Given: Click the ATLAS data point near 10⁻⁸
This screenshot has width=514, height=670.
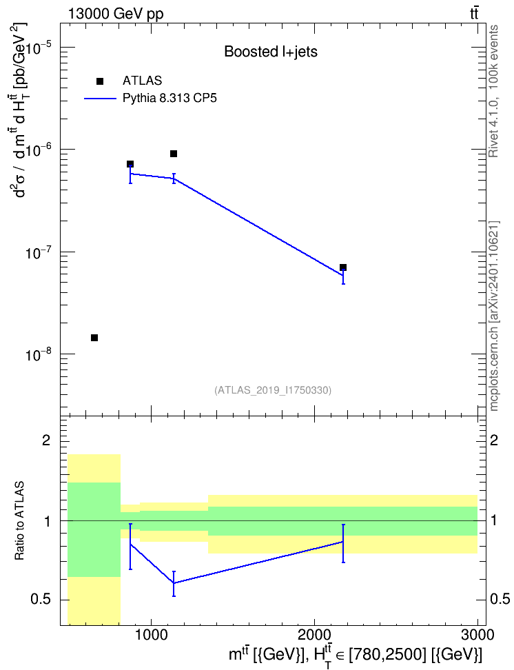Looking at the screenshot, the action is click(94, 338).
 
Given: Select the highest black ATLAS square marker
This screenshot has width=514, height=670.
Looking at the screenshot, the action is click(174, 154).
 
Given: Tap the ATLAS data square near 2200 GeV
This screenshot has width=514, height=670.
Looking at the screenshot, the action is click(343, 267).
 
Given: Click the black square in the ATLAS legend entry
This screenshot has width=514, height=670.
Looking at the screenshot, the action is click(100, 81).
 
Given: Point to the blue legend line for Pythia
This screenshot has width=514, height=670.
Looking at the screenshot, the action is click(100, 99).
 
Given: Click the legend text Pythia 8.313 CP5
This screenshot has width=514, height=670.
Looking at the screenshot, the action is click(169, 99).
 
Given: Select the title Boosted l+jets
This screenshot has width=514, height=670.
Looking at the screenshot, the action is click(271, 52).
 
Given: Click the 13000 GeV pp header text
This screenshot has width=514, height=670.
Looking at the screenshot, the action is click(115, 14).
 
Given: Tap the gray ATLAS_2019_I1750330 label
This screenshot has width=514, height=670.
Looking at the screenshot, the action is click(273, 389).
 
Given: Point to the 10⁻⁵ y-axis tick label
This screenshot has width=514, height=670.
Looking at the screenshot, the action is click(38, 47).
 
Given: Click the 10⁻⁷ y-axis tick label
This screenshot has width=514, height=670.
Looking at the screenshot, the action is click(38, 252).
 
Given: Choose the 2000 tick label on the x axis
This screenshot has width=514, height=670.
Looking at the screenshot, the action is click(315, 634).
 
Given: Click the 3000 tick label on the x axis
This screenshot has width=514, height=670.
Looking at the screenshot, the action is click(478, 634).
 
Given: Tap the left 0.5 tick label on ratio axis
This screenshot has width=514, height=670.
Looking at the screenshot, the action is click(41, 600).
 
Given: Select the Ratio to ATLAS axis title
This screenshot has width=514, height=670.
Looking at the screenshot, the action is click(20, 520).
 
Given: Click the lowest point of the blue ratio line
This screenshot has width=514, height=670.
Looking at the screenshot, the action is click(174, 583).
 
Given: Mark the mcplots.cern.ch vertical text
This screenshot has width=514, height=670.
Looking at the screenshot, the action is click(494, 316).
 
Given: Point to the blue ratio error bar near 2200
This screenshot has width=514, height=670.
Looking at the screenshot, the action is click(343, 543).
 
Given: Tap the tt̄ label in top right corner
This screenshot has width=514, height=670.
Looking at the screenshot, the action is click(474, 14).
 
